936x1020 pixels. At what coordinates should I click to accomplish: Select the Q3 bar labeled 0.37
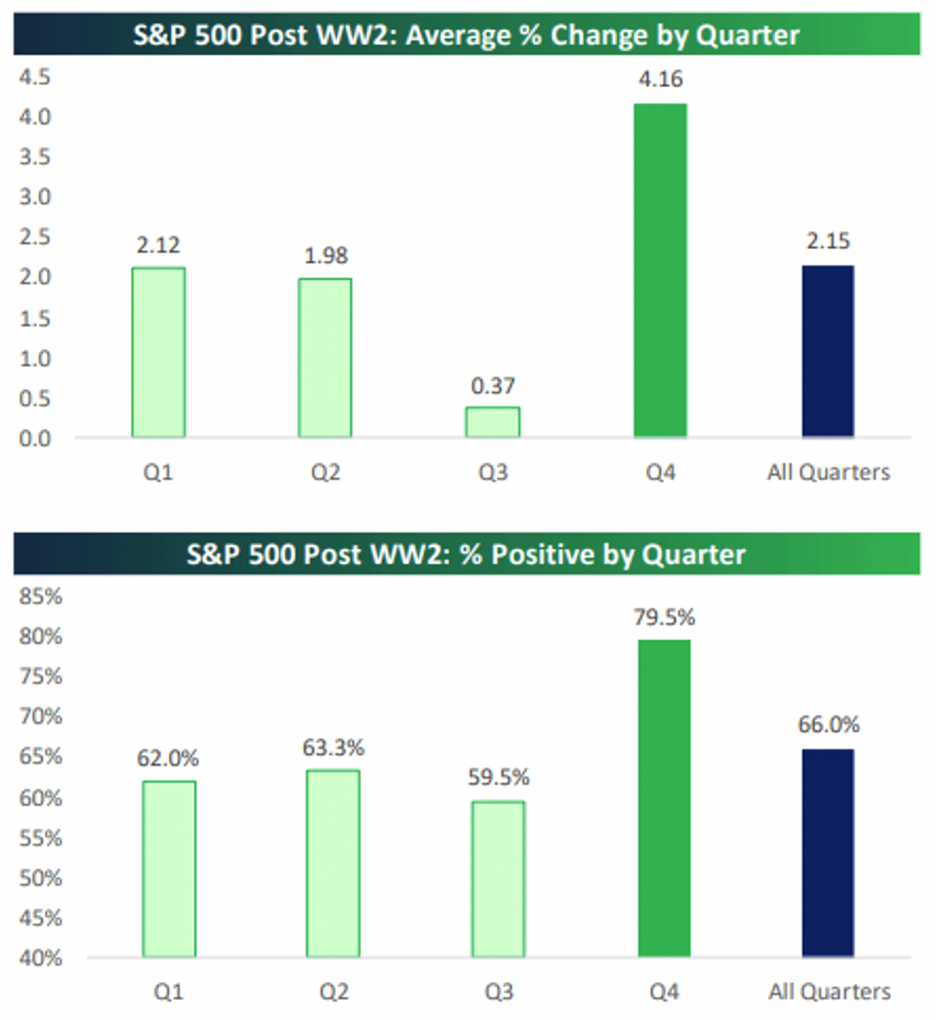pyautogui.click(x=492, y=422)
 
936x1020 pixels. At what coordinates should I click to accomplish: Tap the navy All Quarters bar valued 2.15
pyautogui.click(x=827, y=351)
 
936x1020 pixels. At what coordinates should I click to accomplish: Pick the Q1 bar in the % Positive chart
pyautogui.click(x=168, y=869)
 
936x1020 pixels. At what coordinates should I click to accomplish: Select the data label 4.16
pyautogui.click(x=661, y=79)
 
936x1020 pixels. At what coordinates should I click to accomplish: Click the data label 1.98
pyautogui.click(x=326, y=255)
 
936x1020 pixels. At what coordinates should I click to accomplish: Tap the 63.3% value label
pyautogui.click(x=333, y=747)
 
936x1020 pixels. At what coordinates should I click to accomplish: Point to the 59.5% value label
pyautogui.click(x=499, y=778)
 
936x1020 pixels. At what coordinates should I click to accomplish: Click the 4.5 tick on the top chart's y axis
pyautogui.click(x=35, y=77)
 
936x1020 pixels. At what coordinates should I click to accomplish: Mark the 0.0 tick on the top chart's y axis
pyautogui.click(x=35, y=439)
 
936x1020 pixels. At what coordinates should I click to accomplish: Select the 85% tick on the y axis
pyautogui.click(x=41, y=596)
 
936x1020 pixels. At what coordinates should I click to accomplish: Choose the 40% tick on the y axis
pyautogui.click(x=41, y=958)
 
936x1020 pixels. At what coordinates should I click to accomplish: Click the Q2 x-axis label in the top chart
pyautogui.click(x=326, y=473)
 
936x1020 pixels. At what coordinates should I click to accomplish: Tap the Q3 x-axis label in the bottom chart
pyautogui.click(x=499, y=992)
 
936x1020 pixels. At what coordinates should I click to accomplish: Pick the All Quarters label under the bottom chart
pyautogui.click(x=830, y=992)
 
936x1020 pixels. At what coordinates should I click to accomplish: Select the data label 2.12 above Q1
pyautogui.click(x=158, y=245)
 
